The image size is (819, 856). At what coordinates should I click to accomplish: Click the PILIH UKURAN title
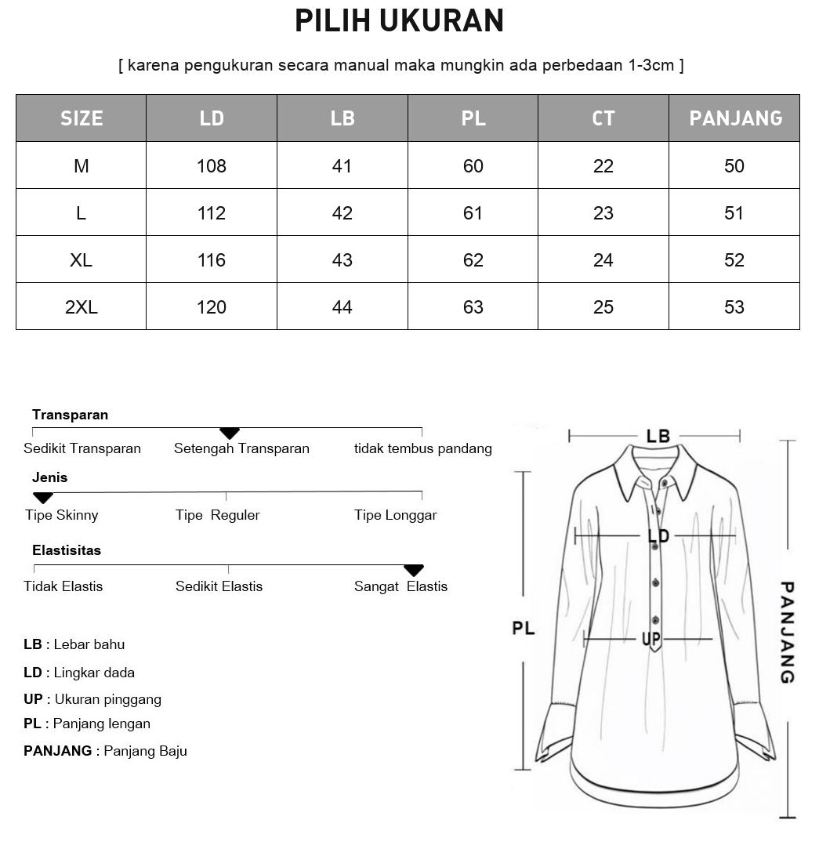[399, 21]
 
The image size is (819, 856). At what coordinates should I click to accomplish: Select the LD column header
[212, 118]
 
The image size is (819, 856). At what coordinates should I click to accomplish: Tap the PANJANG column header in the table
[735, 118]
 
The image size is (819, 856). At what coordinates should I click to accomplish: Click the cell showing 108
[212, 166]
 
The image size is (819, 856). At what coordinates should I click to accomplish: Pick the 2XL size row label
[82, 307]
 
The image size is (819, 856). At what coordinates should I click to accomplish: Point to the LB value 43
[342, 260]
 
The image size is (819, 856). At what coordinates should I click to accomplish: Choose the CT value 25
[603, 307]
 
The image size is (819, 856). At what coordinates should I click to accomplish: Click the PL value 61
[473, 213]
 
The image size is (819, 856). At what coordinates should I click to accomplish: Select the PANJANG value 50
[734, 166]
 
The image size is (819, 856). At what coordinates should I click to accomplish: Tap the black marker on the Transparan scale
[229, 433]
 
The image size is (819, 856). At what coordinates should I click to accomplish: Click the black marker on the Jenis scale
[43, 498]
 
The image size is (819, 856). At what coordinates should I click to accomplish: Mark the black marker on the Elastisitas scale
[413, 570]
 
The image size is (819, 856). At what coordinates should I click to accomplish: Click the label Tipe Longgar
[395, 515]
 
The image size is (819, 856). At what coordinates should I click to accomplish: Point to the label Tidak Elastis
[63, 586]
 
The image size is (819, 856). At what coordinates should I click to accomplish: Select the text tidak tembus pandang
[422, 448]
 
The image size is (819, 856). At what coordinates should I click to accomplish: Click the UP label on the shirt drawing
[651, 640]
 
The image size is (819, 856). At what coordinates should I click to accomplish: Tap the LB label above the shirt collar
[658, 437]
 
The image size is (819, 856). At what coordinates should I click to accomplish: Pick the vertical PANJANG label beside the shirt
[788, 632]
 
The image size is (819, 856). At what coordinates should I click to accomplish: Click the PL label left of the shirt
[524, 628]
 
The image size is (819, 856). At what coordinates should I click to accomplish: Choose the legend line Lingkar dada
[79, 673]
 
